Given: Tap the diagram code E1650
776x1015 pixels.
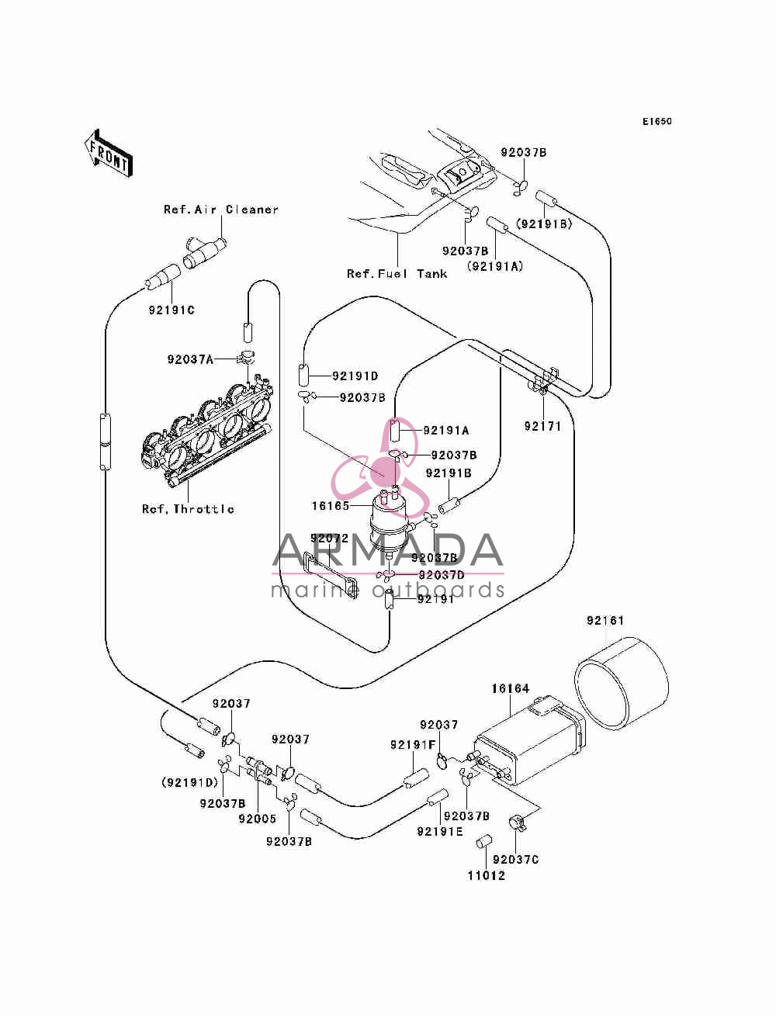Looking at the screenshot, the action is [x=656, y=122].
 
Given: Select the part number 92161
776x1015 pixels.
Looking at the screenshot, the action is [x=605, y=621].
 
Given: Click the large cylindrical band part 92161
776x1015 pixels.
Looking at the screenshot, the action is [x=621, y=683].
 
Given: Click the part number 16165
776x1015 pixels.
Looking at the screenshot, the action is [x=331, y=506].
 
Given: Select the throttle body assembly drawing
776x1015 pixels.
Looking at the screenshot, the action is [x=206, y=432].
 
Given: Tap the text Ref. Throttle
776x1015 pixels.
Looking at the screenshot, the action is [x=188, y=509].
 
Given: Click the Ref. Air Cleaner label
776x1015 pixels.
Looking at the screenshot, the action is [x=221, y=210].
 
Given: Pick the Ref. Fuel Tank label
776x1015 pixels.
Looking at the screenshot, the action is [x=397, y=274].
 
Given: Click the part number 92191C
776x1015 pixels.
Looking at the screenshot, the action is [x=171, y=310].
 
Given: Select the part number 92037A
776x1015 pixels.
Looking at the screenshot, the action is [x=190, y=359].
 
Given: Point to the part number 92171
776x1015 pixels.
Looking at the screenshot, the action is [x=542, y=426].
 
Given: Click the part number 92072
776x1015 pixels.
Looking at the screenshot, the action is [x=329, y=539].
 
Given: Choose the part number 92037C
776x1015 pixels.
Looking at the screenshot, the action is [x=515, y=859].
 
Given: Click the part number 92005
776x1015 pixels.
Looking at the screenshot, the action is [x=257, y=819].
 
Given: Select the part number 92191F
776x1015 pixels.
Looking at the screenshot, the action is [x=413, y=744].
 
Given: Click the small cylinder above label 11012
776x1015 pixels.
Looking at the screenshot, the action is [x=483, y=842].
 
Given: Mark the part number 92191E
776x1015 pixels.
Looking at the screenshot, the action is [x=440, y=831].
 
